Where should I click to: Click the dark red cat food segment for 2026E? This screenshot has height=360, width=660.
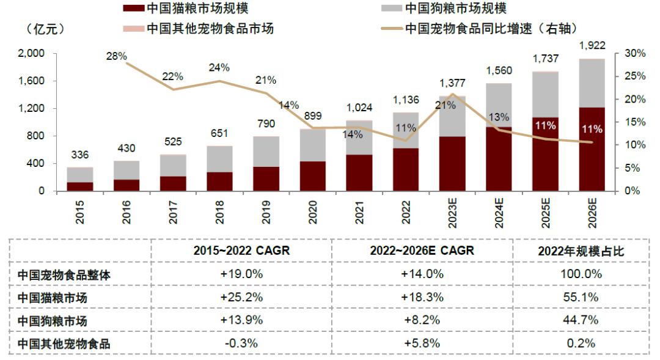pyautogui.click(x=592, y=150)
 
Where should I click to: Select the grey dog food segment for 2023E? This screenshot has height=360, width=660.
pyautogui.click(x=452, y=116)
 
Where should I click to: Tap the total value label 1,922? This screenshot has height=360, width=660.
pyautogui.click(x=592, y=45)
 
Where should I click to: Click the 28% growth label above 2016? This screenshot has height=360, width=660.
pyautogui.click(x=116, y=56)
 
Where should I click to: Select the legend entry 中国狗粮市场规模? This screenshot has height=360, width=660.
pyautogui.click(x=456, y=8)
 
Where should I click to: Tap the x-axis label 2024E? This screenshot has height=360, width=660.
pyautogui.click(x=499, y=213)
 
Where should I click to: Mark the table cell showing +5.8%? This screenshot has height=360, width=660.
pyautogui.click(x=422, y=343)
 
